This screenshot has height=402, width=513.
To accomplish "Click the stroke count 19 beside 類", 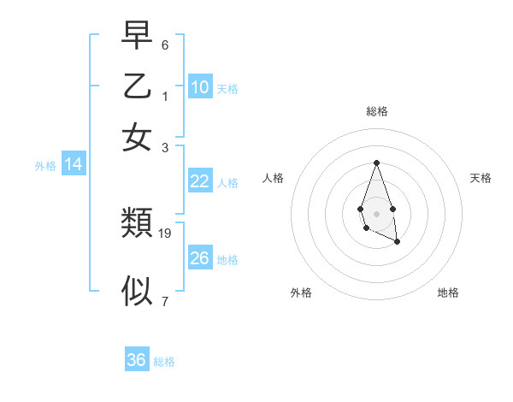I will pyautogui.click(x=165, y=233).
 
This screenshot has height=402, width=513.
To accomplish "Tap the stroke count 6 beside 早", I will pyautogui.click(x=165, y=44).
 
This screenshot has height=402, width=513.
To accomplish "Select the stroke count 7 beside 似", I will pyautogui.click(x=165, y=300).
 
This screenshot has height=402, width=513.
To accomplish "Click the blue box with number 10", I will pyautogui.click(x=200, y=86).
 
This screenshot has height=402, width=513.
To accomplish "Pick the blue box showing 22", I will pyautogui.click(x=200, y=180).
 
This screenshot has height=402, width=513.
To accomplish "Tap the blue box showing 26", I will pyautogui.click(x=200, y=257).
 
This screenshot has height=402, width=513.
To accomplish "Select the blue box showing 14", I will pyautogui.click(x=74, y=164).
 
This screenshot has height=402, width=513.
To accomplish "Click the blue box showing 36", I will pyautogui.click(x=137, y=360).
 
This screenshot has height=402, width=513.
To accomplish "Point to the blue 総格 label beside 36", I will pyautogui.click(x=164, y=362).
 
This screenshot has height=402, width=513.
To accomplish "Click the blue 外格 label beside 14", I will pyautogui.click(x=45, y=166).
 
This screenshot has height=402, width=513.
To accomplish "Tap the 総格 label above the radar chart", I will pyautogui.click(x=376, y=111).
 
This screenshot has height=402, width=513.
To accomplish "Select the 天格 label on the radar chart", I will pyautogui.click(x=481, y=178).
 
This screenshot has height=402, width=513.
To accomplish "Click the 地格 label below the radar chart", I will pyautogui.click(x=448, y=293).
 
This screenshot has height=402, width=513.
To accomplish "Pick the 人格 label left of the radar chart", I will pyautogui.click(x=274, y=178).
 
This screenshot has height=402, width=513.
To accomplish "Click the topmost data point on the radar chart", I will pyautogui.click(x=376, y=163).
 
